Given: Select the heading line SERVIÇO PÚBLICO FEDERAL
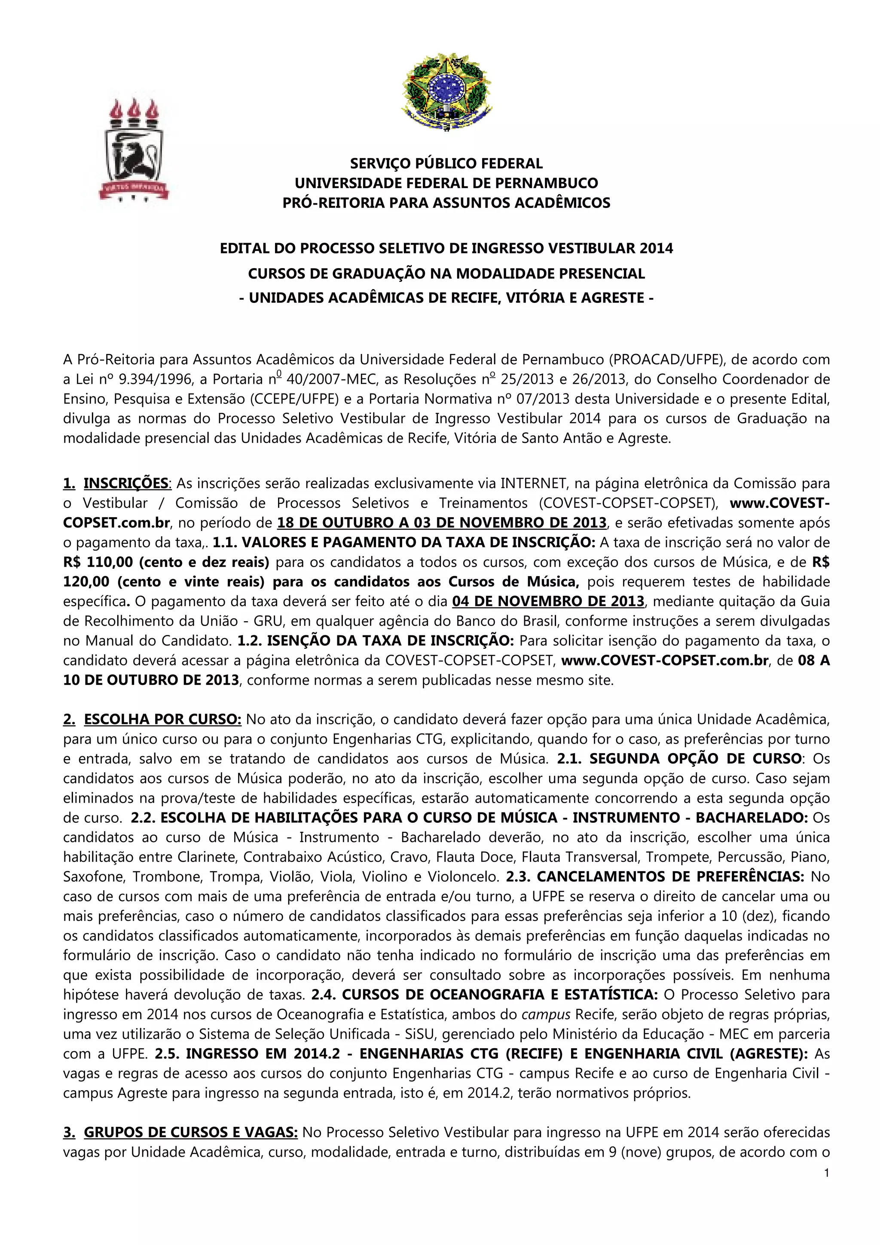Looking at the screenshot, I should [446, 163].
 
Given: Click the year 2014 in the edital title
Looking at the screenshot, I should [656, 248].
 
